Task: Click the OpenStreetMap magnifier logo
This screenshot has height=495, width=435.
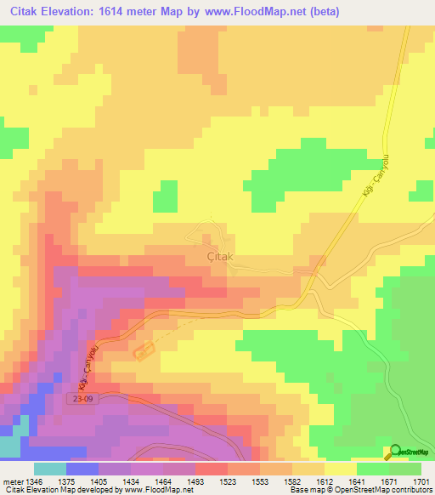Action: pos(395,452)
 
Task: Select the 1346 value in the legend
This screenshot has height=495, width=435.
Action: pos(33,481)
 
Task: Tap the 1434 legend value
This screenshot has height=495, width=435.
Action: pos(131,481)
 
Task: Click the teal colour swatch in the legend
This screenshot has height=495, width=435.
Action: pos(49,469)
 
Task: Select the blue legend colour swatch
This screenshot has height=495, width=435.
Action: pos(82,469)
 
